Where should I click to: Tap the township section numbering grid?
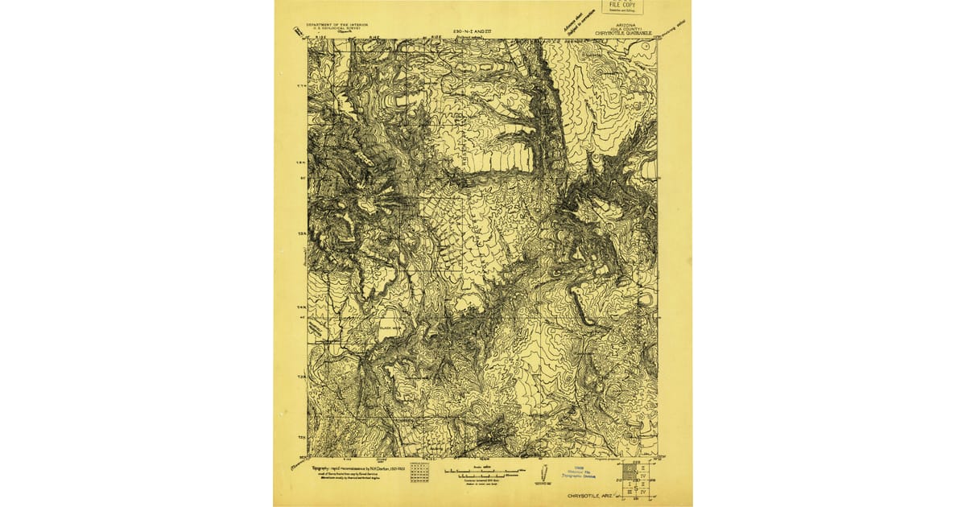click(x=419, y=471)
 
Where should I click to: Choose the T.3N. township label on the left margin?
click(x=300, y=376)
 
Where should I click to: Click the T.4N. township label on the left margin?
click(x=300, y=307)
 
